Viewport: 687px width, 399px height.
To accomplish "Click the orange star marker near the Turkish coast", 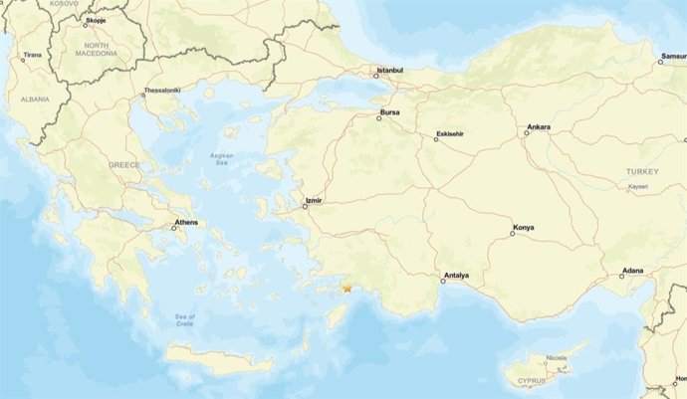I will pos(347,289).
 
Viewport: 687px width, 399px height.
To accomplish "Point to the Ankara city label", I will pos(538,127).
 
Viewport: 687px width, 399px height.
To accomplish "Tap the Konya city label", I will pos(523,228).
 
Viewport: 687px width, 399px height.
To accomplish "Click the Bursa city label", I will pos(389,113).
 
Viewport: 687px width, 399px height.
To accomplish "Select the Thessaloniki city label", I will pos(161,91).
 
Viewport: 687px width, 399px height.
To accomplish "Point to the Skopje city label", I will pos(96,19).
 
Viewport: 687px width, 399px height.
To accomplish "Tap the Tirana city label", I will pos(33,56).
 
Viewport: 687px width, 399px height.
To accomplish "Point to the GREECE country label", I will pos(124,164).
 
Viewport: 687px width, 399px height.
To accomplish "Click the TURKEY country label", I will pos(642,171).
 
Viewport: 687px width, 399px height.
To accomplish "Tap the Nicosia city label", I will pos(556,357).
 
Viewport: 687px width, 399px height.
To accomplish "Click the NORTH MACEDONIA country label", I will pos(97,50).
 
